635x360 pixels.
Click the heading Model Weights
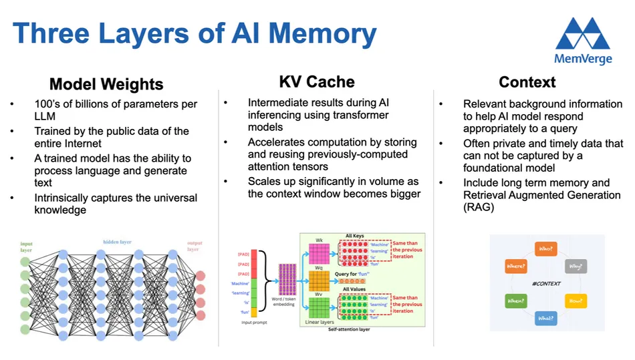(x=106, y=84)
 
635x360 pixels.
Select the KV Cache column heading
(x=317, y=82)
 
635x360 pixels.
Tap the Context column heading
(x=527, y=82)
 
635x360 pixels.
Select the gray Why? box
(x=576, y=266)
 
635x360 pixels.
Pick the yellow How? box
(x=576, y=301)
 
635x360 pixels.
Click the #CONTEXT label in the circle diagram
(x=546, y=284)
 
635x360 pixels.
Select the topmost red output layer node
(x=201, y=276)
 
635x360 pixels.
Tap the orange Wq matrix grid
(x=319, y=281)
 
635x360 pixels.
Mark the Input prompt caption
(x=257, y=322)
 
